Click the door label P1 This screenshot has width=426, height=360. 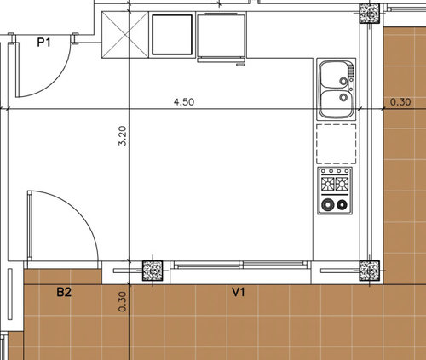pos(44,43)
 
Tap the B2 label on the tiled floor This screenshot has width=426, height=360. pos(64,292)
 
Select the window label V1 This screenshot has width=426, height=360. pos(239,292)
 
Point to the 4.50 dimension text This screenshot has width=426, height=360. pos(184,102)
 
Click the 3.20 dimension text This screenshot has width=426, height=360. pos(123,135)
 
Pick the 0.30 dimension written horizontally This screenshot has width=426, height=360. pos(400,102)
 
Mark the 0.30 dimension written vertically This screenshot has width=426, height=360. pos(122,302)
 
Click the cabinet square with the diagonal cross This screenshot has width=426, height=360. pos(125,35)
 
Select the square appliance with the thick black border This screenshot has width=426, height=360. pos(172,35)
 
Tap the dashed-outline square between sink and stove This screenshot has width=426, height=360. pos(337,144)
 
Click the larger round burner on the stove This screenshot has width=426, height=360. pos(328,204)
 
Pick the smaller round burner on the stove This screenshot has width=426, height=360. pos(343,204)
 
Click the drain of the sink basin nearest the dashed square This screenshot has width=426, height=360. pos(343,97)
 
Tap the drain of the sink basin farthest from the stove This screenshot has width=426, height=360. pos(343,81)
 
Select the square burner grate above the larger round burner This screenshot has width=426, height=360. pos(328,184)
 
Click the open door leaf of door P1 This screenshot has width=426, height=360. pos(17,70)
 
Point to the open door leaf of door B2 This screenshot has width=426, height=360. pos(29,226)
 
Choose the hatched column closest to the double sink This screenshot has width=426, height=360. pos(370,13)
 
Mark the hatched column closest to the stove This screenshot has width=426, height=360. pos(370,271)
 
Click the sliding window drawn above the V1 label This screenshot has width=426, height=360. pos(240,265)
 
